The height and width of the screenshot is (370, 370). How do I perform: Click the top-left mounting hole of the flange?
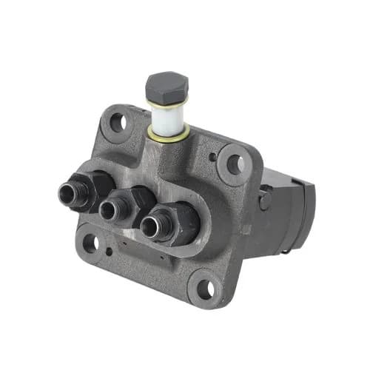pyautogui.click(x=116, y=123)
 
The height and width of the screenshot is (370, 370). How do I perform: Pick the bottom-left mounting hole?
pyautogui.click(x=90, y=243)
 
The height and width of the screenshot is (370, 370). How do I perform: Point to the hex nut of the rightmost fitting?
pyautogui.click(x=175, y=222)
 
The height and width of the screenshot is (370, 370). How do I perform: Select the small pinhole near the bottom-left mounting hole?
pyautogui.click(x=109, y=251)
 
